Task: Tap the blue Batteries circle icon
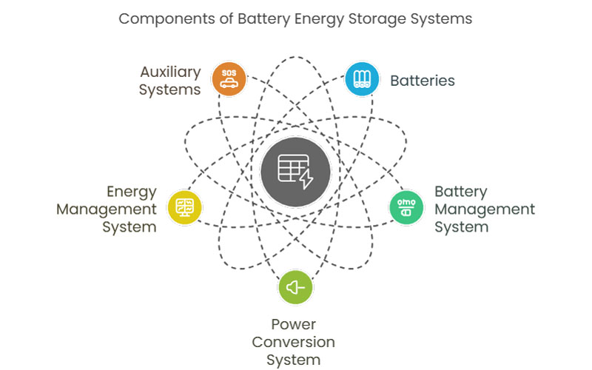coord(363,79)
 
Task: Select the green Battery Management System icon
coord(406,208)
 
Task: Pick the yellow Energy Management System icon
coord(184,207)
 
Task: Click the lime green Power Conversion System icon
coord(295,287)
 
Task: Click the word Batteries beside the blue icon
coord(423,80)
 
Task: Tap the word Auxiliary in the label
coord(171,73)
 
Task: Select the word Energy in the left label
coord(132,192)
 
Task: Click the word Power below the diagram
coord(294,324)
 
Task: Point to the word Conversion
coord(294,342)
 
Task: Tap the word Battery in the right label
coord(460,192)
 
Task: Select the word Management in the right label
coord(484,209)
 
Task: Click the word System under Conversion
coord(294,360)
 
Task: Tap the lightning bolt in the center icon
coord(305,178)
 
